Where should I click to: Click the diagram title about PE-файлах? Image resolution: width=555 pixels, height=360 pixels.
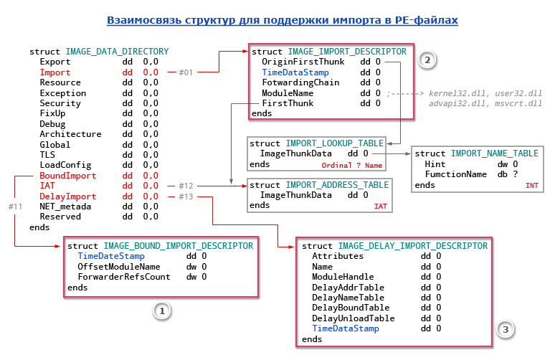click(282, 21)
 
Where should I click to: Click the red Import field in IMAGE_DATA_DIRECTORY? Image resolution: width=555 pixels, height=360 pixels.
click(55, 72)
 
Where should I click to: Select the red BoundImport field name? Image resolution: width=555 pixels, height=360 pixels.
click(67, 176)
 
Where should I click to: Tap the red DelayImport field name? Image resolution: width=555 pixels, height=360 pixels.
click(67, 196)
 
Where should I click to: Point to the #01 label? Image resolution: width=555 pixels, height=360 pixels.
click(186, 72)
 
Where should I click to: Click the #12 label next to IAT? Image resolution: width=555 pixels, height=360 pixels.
click(186, 186)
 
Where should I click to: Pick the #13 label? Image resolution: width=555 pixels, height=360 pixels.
click(186, 196)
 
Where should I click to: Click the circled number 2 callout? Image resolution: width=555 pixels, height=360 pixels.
click(427, 60)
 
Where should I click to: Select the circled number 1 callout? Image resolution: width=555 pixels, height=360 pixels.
click(162, 311)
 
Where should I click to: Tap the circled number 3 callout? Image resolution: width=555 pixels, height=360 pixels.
click(506, 329)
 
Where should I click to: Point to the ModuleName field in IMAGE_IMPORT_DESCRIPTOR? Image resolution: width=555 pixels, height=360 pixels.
click(287, 93)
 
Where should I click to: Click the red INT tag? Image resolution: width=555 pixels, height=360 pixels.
click(532, 185)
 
